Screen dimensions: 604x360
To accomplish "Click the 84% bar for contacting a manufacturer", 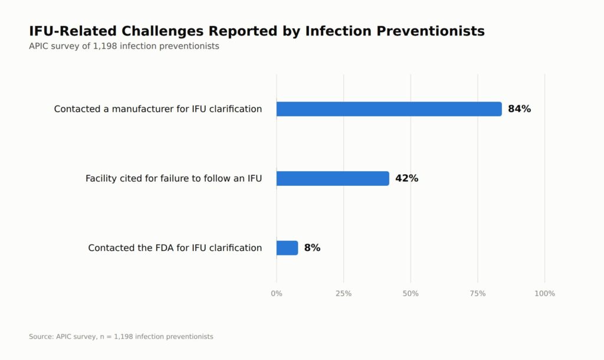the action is click(x=389, y=109).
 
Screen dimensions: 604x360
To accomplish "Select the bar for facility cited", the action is click(x=333, y=178).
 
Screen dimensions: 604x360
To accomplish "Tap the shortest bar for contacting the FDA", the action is click(x=287, y=248).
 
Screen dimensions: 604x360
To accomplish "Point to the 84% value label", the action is click(x=519, y=109).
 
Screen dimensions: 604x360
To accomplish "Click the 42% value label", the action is click(x=407, y=178).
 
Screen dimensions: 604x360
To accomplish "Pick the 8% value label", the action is click(x=313, y=248).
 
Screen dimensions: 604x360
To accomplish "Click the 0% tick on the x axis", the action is click(x=277, y=294).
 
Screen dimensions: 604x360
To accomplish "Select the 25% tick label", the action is click(x=344, y=294).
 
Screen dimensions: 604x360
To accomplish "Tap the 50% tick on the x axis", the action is click(x=411, y=294).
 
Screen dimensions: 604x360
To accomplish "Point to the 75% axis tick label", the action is click(x=478, y=294).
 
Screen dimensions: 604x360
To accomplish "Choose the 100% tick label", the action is click(x=544, y=294).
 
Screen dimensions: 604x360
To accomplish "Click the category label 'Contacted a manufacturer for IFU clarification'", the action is click(x=158, y=109).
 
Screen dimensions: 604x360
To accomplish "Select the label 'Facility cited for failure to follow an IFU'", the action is click(x=174, y=178).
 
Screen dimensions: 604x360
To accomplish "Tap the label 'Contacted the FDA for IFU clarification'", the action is click(x=175, y=248).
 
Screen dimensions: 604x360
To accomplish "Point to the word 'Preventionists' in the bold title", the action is click(x=431, y=31).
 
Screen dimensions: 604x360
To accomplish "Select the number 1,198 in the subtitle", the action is click(x=105, y=46).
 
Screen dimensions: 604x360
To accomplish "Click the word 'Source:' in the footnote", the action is click(x=41, y=336).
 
